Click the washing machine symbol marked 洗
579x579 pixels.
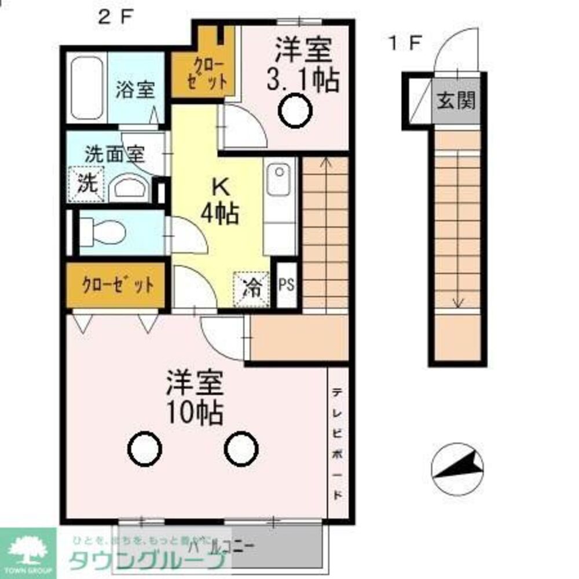tap(86, 184)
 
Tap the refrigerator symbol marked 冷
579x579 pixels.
tap(251, 286)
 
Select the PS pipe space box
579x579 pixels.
tap(287, 285)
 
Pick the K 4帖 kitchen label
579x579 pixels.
tap(220, 201)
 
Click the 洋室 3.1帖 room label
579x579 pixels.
tap(302, 65)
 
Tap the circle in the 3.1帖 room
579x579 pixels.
tap(295, 110)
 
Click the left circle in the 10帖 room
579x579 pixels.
tap(144, 449)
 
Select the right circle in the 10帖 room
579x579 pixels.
tap(241, 449)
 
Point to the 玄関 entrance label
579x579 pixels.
tap(456, 101)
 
